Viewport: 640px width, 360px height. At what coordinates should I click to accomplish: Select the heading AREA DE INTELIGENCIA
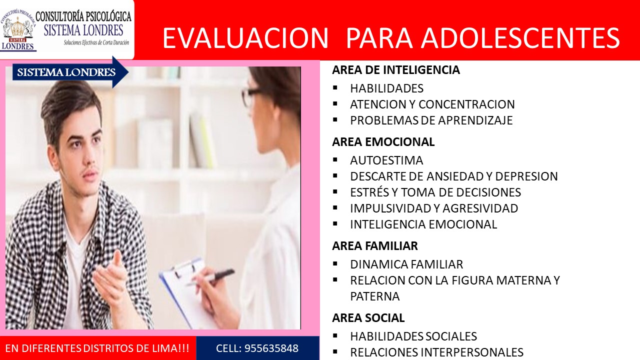tap(396, 70)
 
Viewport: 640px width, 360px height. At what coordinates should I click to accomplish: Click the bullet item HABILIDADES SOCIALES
tap(413, 336)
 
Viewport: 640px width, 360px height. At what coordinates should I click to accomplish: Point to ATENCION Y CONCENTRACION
tap(432, 104)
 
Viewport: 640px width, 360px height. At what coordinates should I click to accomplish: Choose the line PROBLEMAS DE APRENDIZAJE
tap(431, 120)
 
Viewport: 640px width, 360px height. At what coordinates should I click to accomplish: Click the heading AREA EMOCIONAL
tap(383, 142)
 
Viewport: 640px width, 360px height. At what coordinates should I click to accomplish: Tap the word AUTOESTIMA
tap(386, 160)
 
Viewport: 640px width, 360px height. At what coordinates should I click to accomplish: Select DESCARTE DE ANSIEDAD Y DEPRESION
tap(454, 176)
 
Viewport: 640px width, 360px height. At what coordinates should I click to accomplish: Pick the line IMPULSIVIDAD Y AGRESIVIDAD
tap(434, 208)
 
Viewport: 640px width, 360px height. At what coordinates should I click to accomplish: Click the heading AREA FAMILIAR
tap(375, 246)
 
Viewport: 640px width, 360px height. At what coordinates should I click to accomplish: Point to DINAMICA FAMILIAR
tap(406, 264)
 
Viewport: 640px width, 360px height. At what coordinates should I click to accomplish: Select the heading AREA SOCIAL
tap(368, 318)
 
